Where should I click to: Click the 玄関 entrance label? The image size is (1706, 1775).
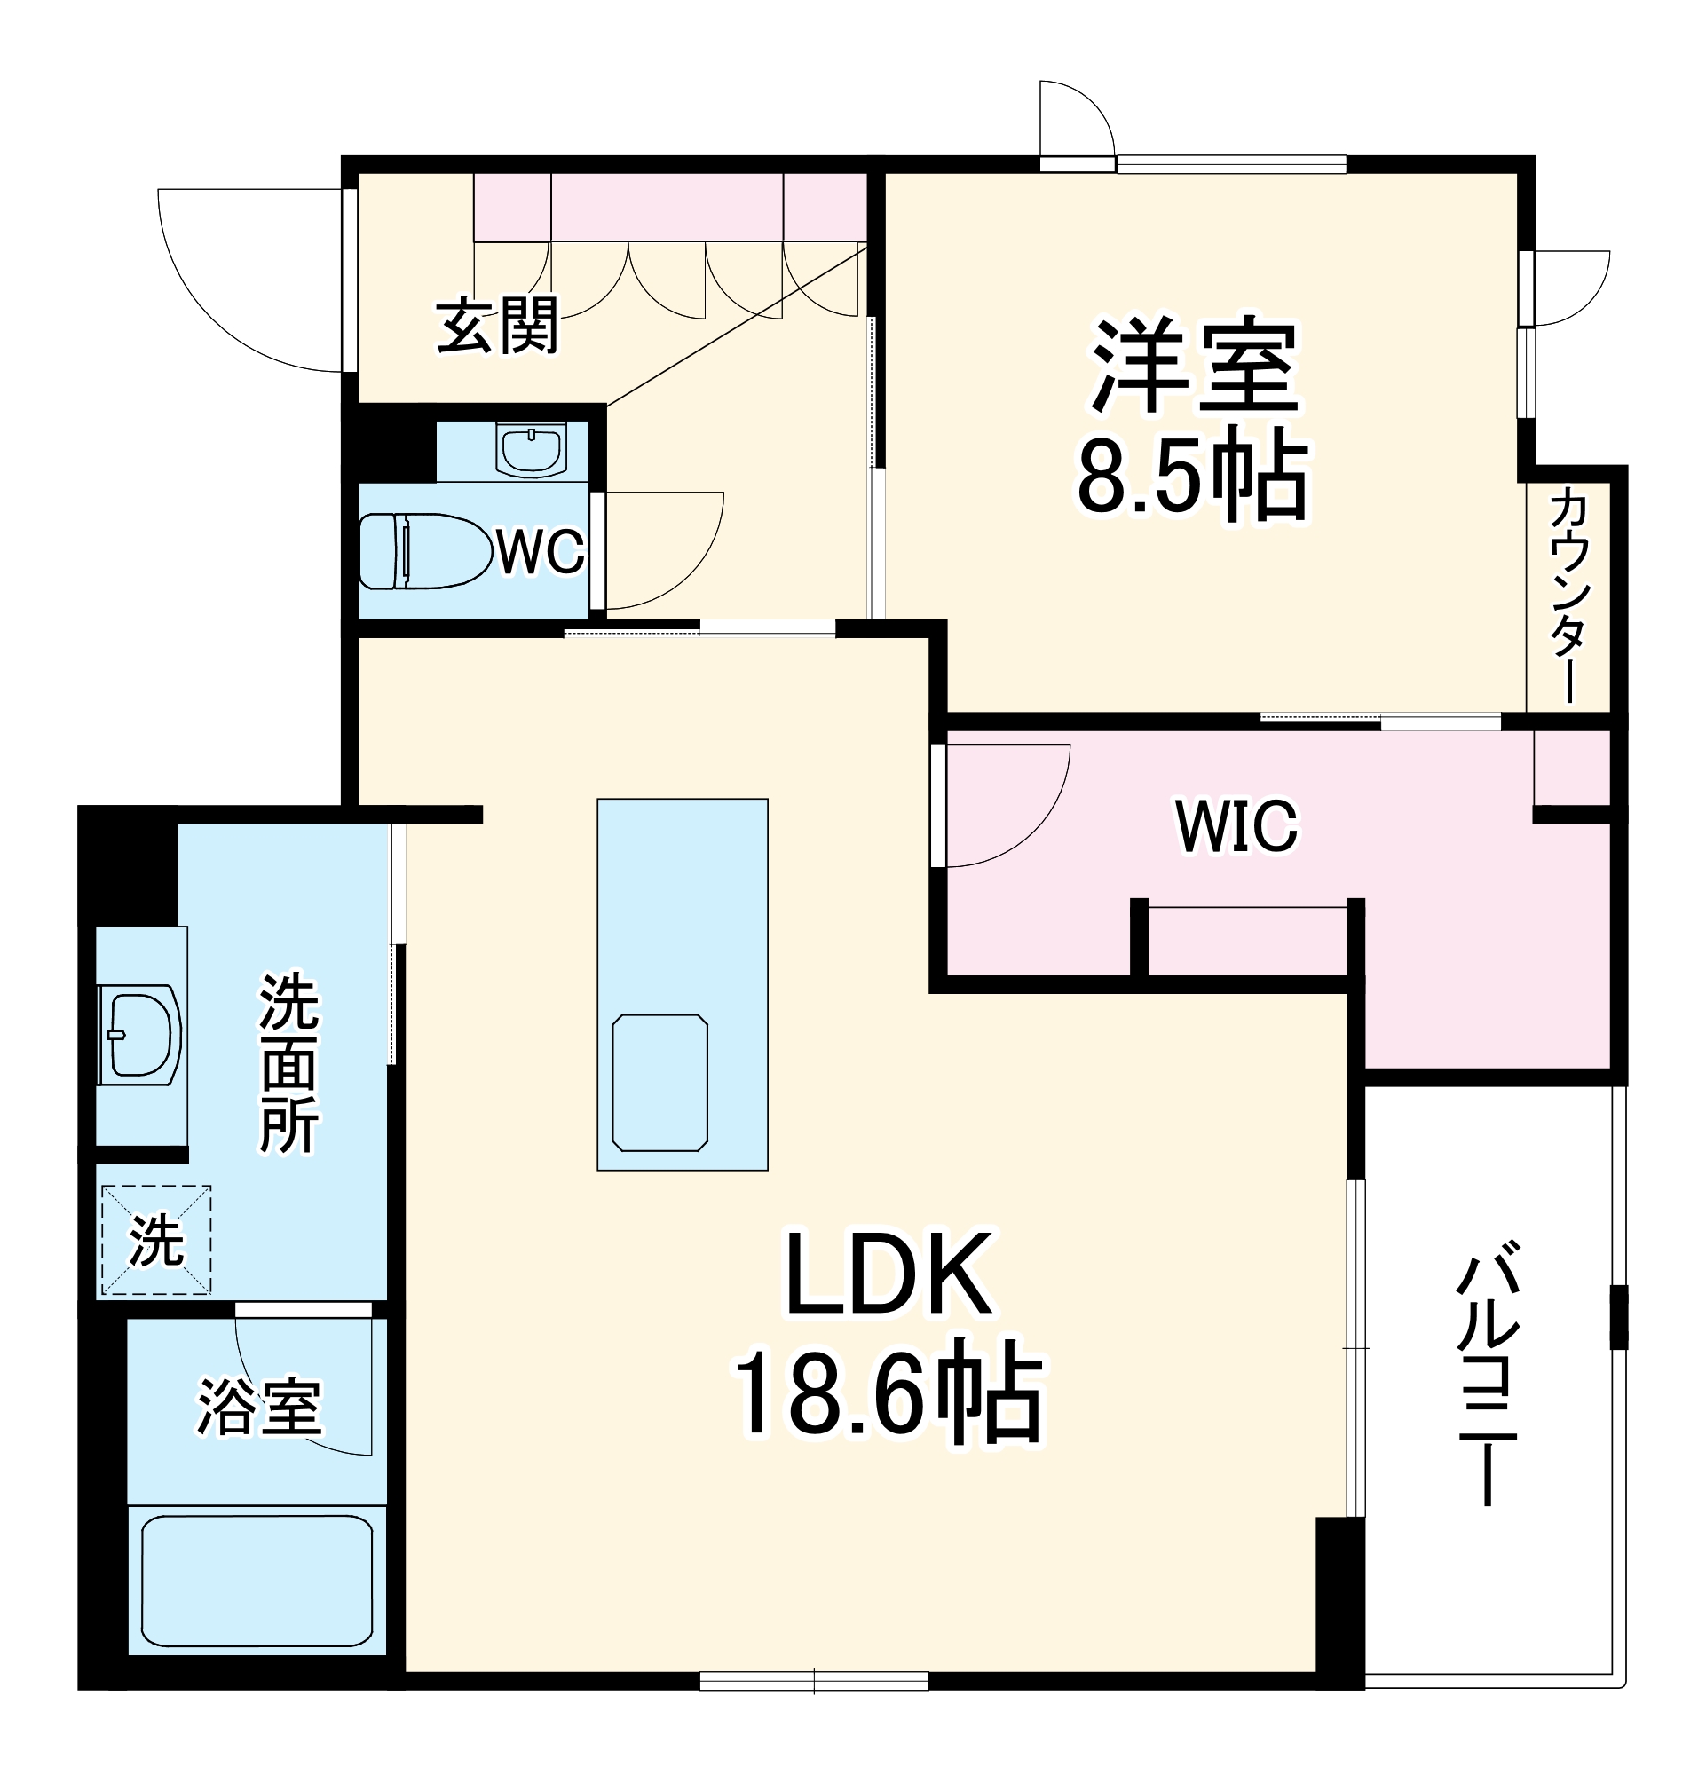[497, 326]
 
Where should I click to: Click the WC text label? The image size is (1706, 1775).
[540, 550]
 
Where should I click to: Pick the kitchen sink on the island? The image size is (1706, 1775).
[660, 1082]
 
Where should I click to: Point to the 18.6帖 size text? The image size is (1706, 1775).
[887, 1399]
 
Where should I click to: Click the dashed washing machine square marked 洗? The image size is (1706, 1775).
[155, 1240]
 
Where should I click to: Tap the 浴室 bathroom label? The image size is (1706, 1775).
[260, 1408]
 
